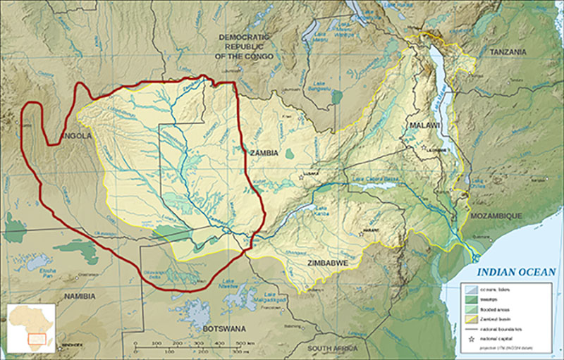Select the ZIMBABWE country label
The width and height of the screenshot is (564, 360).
[x=329, y=262]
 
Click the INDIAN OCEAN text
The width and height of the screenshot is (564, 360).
[x=516, y=272]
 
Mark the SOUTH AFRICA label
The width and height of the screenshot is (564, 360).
[x=338, y=349]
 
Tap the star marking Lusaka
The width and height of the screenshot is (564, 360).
[x=301, y=177]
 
